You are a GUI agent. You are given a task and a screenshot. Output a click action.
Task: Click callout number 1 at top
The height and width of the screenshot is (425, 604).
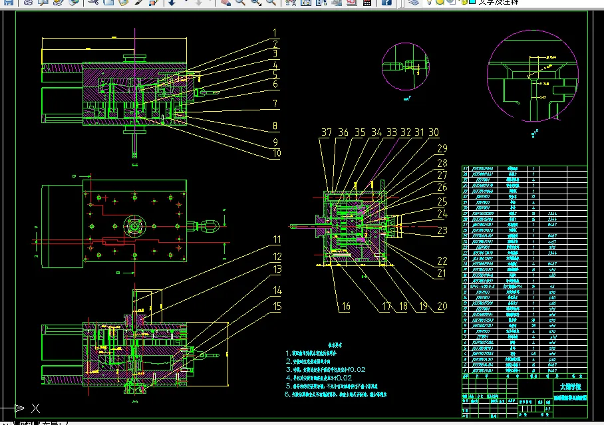pos(273,33)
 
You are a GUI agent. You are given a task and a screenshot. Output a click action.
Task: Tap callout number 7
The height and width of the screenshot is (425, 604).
pos(273,104)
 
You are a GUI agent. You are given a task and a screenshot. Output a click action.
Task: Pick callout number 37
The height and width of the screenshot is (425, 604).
pos(325,132)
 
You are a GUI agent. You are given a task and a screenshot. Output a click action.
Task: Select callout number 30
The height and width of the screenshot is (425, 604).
pos(434,132)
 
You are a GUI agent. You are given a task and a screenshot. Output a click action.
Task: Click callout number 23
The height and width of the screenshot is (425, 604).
pos(442,231)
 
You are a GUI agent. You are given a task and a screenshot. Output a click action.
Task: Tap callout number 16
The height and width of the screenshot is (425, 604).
pos(345,307)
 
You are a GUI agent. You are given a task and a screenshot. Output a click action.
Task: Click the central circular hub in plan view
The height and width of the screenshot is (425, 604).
pos(135,227)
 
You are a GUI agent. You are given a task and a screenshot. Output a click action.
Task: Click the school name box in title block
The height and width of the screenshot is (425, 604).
pos(570,386)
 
